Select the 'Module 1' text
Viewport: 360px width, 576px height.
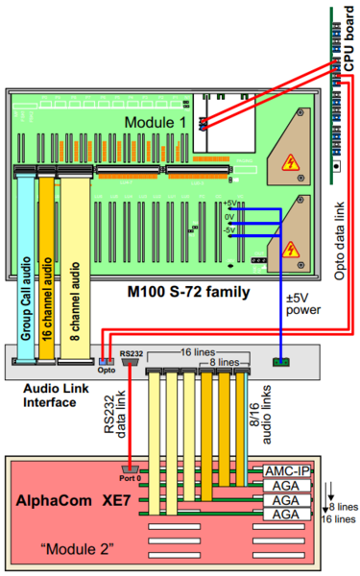pyautogui.click(x=156, y=123)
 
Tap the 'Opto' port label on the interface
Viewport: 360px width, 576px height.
pyautogui.click(x=106, y=369)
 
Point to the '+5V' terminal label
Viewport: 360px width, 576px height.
pyautogui.click(x=228, y=204)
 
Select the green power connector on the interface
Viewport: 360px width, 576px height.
pyautogui.click(x=280, y=363)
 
